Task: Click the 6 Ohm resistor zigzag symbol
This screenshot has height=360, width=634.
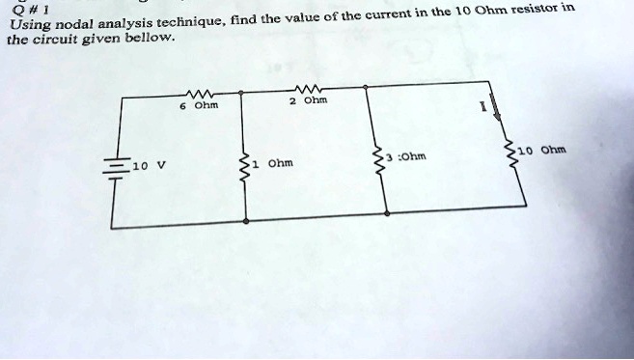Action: click(199, 95)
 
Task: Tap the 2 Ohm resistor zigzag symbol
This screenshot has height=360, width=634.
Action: click(308, 89)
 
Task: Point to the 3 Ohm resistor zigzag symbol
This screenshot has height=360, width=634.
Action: click(379, 162)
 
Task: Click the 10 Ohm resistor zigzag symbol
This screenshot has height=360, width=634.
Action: click(510, 155)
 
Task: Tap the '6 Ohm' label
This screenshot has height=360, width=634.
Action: click(199, 105)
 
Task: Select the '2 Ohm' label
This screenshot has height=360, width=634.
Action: click(308, 100)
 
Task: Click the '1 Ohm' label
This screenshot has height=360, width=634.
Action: click(272, 163)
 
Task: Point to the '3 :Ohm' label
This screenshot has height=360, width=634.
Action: click(406, 156)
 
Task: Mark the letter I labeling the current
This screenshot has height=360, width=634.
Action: click(482, 107)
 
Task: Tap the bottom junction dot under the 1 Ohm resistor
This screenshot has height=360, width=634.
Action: click(246, 221)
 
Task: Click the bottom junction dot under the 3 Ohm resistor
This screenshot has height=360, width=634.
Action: click(387, 213)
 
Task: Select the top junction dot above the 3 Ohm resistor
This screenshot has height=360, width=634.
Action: click(365, 87)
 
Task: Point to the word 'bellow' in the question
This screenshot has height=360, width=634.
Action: click(150, 39)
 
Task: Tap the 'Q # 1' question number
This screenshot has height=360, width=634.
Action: click(30, 9)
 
